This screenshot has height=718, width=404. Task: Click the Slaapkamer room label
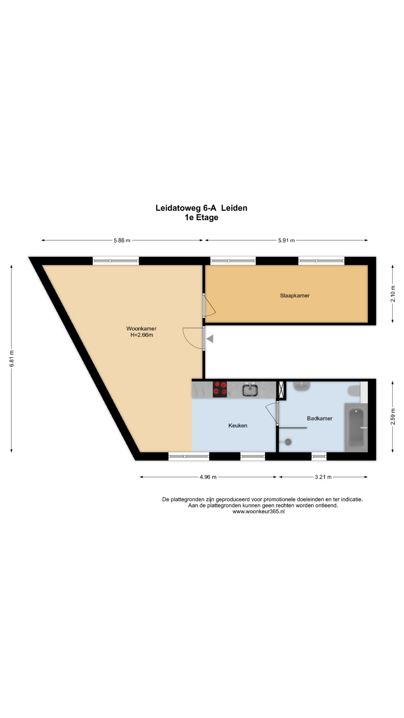click(295, 295)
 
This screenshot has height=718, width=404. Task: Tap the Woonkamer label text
click(141, 329)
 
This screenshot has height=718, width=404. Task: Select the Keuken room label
click(238, 426)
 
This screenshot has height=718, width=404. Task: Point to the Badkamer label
click(320, 418)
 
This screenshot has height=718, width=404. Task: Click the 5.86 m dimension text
click(122, 240)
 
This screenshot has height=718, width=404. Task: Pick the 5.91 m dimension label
click(287, 240)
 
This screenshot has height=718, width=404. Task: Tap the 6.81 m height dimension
click(12, 358)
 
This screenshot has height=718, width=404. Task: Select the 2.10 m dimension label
click(393, 294)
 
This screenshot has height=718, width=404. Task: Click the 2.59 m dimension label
click(393, 417)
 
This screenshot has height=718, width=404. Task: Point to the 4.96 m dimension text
click(208, 477)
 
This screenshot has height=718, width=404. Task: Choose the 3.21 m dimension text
click(323, 477)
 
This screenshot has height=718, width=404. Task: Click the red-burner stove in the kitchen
click(220, 389)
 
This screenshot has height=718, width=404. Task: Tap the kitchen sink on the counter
click(250, 390)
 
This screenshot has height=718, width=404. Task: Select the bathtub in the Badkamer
click(356, 427)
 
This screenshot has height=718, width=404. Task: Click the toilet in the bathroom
click(354, 391)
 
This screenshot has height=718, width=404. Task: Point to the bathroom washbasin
click(302, 386)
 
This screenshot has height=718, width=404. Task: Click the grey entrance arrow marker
click(210, 339)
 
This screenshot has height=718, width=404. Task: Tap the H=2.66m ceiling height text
click(142, 335)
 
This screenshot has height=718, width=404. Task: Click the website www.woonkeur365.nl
click(258, 512)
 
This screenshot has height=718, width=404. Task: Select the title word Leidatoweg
click(178, 208)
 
